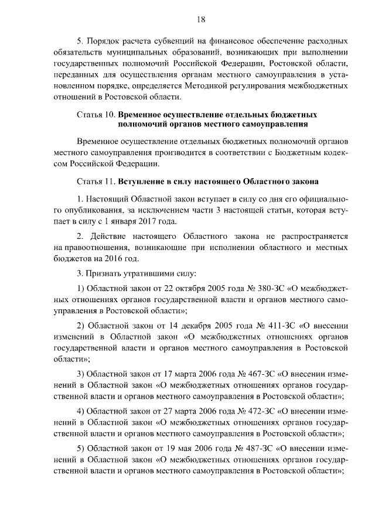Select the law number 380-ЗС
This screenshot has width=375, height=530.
[256, 288]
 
